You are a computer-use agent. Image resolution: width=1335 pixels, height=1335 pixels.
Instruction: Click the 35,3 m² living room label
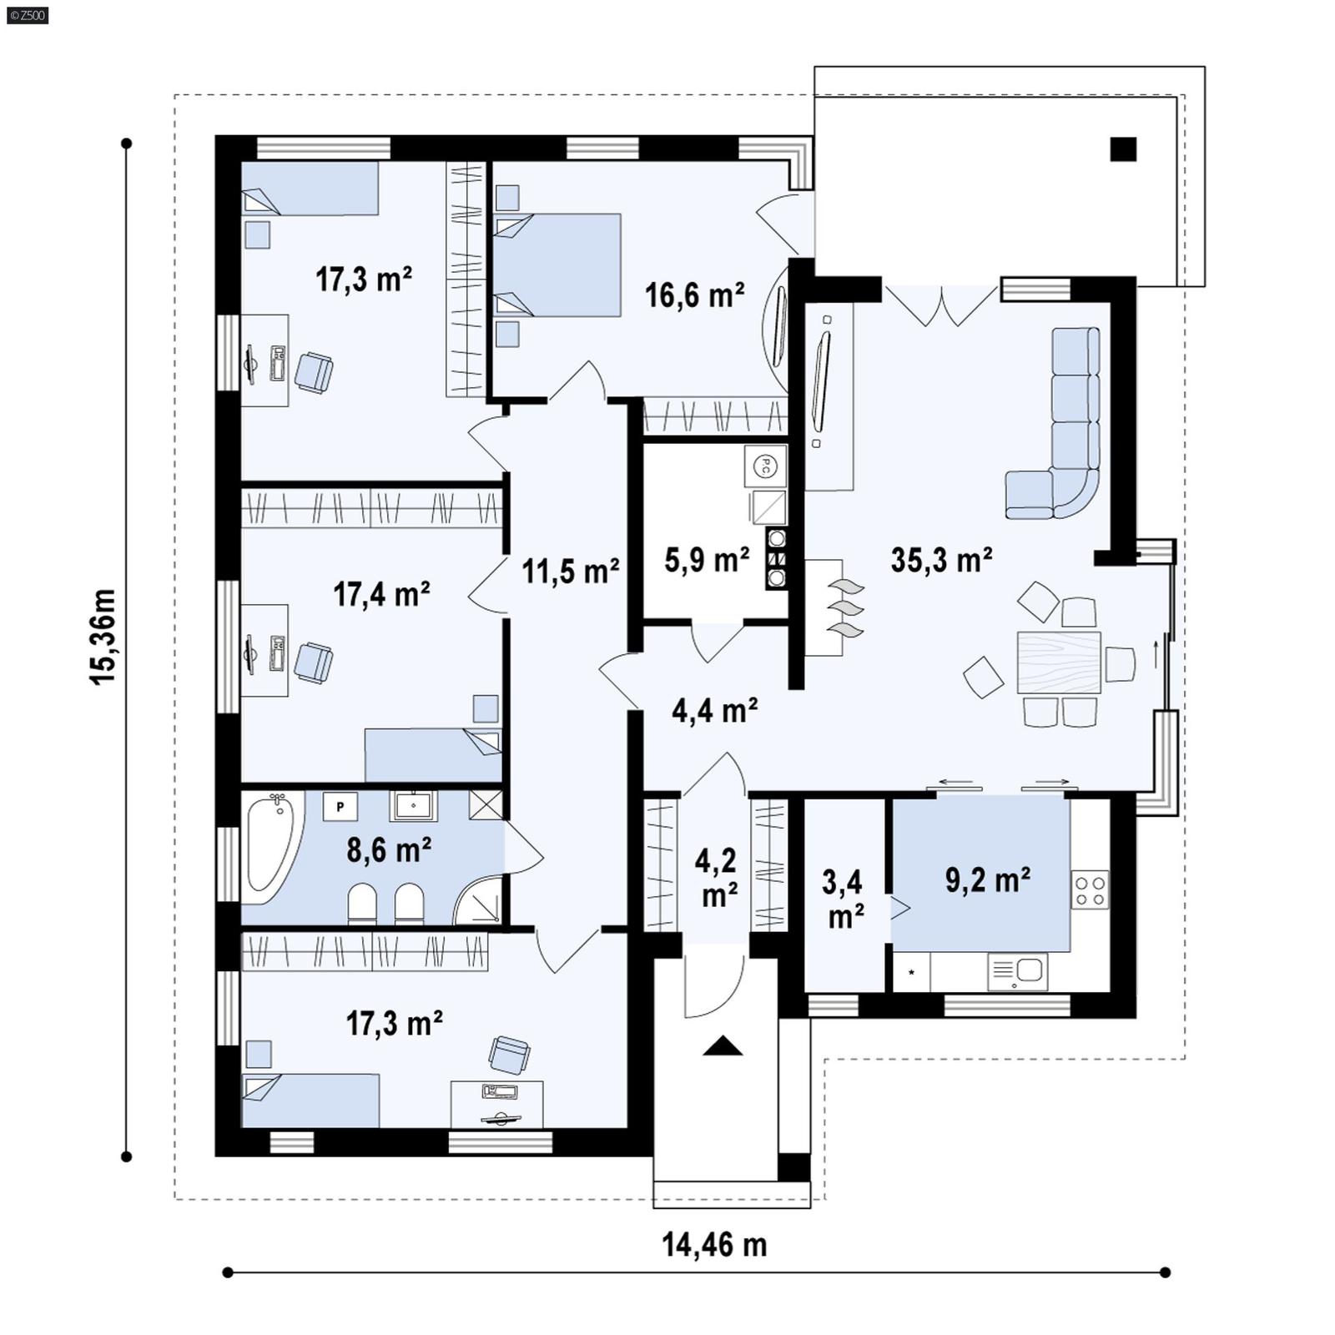tap(941, 560)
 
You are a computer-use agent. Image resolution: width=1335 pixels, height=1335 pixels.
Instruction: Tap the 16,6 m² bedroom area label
tap(694, 295)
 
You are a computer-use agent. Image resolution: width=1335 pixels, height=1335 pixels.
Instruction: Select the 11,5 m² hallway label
tap(571, 572)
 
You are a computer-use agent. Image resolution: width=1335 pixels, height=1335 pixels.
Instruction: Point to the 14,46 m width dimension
tap(714, 1245)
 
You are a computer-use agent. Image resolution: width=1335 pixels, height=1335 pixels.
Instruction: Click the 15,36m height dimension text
tap(103, 637)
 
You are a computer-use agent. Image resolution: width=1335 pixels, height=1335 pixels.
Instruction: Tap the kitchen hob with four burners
tap(1090, 889)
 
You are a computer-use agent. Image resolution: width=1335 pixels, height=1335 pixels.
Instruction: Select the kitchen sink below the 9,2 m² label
tap(1018, 971)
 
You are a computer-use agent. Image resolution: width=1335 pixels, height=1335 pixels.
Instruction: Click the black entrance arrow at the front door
tap(723, 1046)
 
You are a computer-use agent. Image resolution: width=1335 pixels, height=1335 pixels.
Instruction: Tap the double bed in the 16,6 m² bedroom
tap(557, 265)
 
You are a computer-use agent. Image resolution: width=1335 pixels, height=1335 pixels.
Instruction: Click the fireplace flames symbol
tap(845, 607)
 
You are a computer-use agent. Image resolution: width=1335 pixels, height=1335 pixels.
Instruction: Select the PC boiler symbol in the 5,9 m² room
tap(763, 467)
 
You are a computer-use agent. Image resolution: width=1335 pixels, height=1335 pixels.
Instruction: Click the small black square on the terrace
tap(1123, 149)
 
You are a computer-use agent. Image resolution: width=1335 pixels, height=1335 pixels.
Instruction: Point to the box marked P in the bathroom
tap(340, 807)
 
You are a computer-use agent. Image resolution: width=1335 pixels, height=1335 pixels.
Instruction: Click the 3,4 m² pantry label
tap(844, 899)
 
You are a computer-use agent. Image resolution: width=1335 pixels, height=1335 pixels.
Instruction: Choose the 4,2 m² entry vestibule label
tap(717, 877)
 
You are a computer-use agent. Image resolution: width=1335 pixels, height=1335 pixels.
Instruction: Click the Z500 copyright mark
tap(27, 14)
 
